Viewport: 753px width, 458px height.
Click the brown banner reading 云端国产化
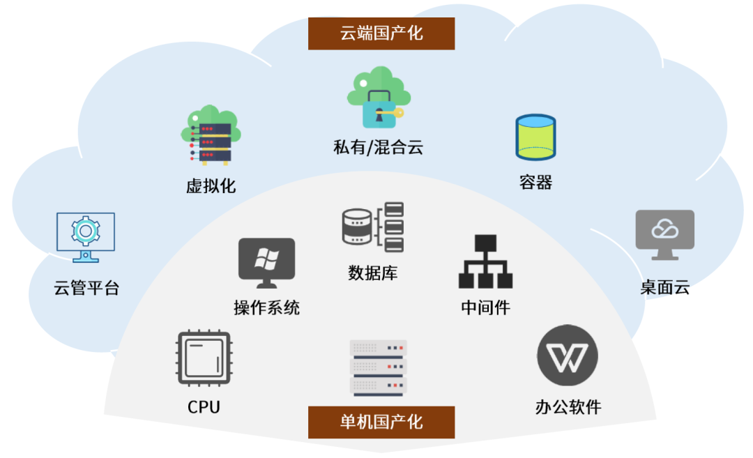(x=381, y=33)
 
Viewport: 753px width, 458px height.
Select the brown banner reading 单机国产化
(x=381, y=422)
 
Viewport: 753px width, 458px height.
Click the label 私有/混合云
(x=378, y=148)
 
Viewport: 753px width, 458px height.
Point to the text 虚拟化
(x=211, y=186)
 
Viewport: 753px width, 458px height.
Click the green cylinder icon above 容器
(x=535, y=137)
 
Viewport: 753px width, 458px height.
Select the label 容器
(x=535, y=183)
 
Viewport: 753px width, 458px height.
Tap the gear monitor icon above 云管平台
(x=85, y=236)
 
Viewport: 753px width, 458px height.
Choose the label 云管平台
(x=86, y=287)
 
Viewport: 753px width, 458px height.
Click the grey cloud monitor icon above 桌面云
(x=664, y=234)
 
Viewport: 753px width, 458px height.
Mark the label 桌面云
(x=664, y=287)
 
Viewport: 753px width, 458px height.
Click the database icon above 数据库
(x=373, y=227)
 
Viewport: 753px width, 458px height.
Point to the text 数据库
(x=373, y=273)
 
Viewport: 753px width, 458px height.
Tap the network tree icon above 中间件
(x=485, y=261)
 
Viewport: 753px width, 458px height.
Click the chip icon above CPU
(x=204, y=358)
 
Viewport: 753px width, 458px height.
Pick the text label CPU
(x=204, y=407)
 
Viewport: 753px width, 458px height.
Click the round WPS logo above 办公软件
(x=568, y=359)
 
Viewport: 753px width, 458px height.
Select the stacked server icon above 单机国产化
(x=378, y=367)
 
